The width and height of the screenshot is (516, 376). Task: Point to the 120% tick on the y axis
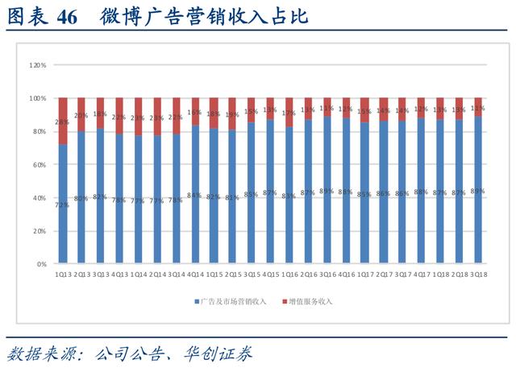pos(37,64)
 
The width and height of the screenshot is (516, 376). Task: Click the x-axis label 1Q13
pos(64,275)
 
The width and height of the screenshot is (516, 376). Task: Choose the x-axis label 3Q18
pos(478,275)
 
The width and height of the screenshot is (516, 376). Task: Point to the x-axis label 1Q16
pos(290,275)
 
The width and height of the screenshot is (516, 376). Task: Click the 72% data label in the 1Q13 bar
pos(62,205)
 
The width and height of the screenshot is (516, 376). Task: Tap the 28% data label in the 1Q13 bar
pos(62,122)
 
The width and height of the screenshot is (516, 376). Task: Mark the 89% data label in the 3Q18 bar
pos(477,191)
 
